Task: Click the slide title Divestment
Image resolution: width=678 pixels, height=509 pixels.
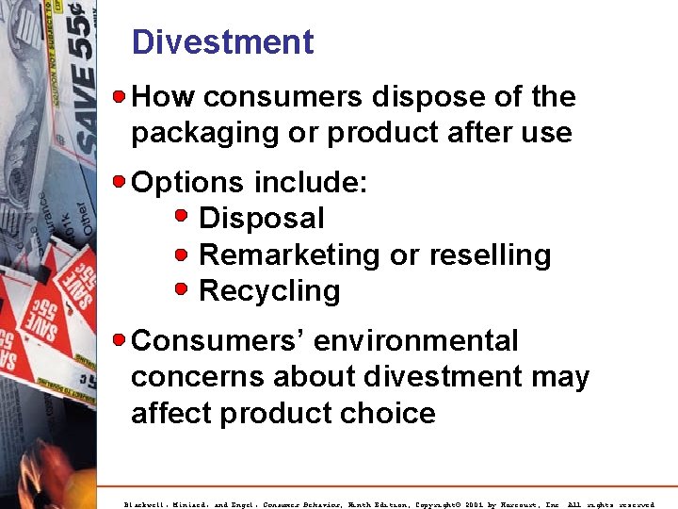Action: [x=222, y=42]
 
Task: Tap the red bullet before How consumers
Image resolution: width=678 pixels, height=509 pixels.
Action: [x=121, y=96]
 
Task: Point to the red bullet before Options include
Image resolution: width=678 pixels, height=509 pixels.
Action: [x=121, y=180]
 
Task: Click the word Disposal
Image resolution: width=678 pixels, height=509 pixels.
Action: [x=262, y=219]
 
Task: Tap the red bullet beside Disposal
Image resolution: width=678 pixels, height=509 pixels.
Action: [x=184, y=217]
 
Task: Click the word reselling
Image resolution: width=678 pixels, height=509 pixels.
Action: [x=490, y=255]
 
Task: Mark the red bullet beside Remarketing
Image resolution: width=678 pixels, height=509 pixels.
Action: [x=184, y=254]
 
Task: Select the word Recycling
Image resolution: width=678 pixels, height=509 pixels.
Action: [x=270, y=291]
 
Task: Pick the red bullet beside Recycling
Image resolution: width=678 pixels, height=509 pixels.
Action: [x=184, y=289]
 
